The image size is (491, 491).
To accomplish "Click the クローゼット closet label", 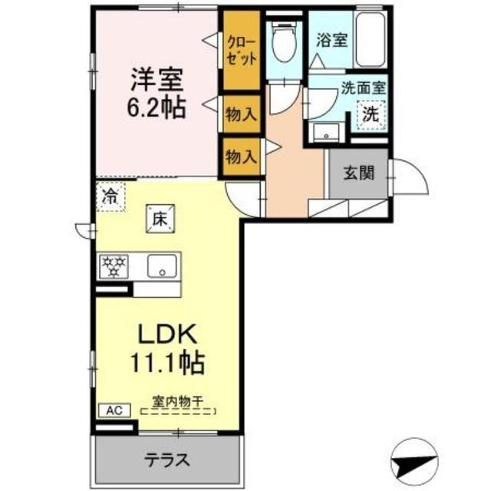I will (x=240, y=49).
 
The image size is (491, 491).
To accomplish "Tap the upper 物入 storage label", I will (x=240, y=115).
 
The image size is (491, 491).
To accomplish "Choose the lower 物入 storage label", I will (x=240, y=156).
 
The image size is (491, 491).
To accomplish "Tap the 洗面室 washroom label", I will (x=363, y=88).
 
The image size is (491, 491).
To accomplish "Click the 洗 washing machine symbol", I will (x=371, y=115).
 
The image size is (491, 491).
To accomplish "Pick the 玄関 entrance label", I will (x=358, y=173).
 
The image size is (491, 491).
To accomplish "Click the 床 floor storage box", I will (x=160, y=218).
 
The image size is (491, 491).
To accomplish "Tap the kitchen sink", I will (x=162, y=267).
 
